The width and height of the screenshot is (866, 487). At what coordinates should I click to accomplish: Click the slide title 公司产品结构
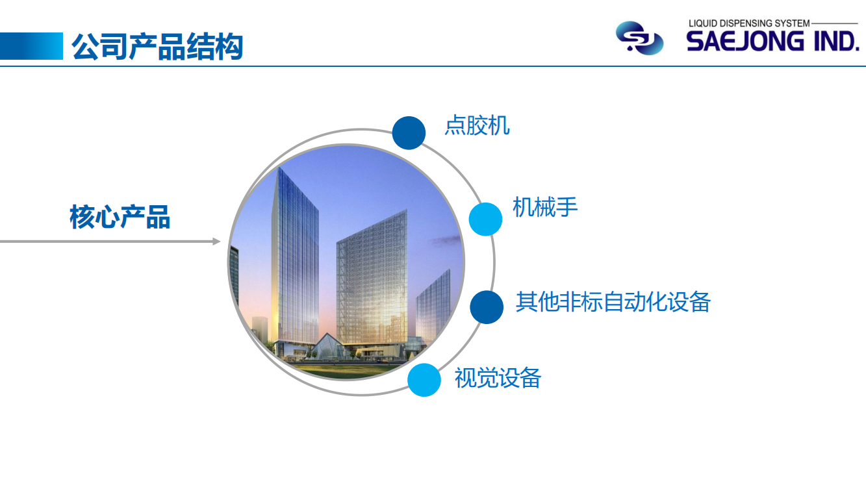(x=157, y=47)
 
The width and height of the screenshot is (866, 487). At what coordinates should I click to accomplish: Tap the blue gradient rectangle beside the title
(x=31, y=46)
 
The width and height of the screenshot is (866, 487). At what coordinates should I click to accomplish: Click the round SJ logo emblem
(x=639, y=38)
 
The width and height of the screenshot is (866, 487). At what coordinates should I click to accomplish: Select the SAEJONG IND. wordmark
(x=772, y=42)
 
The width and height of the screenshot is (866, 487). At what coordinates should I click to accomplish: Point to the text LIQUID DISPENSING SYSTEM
(x=749, y=23)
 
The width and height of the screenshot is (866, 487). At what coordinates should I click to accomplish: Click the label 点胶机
(x=477, y=125)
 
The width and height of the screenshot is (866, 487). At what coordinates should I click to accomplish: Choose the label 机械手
(x=545, y=207)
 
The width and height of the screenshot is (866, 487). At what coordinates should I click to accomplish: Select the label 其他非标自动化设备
(x=613, y=302)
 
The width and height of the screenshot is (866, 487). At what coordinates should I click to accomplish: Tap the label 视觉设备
(x=498, y=378)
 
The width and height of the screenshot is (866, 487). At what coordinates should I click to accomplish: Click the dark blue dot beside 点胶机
(x=409, y=133)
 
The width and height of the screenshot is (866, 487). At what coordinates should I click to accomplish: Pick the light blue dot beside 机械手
(x=485, y=219)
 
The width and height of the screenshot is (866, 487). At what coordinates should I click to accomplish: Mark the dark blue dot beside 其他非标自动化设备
(x=487, y=307)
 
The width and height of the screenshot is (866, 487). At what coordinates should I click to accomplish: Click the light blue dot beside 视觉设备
(x=424, y=380)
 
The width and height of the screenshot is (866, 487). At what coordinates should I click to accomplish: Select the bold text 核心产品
(x=120, y=217)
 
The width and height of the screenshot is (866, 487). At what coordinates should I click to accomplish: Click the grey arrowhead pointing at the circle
(x=216, y=242)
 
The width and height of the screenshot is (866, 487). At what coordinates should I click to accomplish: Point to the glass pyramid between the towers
(x=328, y=346)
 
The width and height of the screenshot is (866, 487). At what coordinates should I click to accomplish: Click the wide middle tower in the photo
(x=372, y=279)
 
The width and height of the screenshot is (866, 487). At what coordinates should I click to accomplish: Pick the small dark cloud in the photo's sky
(x=444, y=241)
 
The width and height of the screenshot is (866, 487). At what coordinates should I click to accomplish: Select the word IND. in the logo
(x=837, y=42)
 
